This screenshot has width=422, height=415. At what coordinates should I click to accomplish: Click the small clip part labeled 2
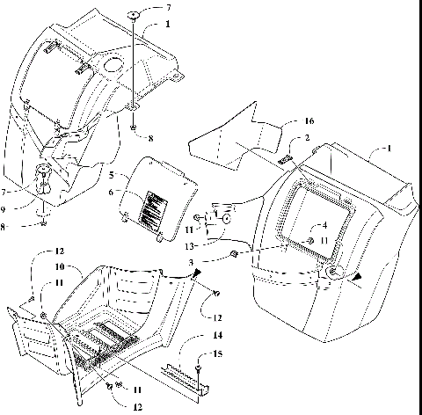click(286, 159)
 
